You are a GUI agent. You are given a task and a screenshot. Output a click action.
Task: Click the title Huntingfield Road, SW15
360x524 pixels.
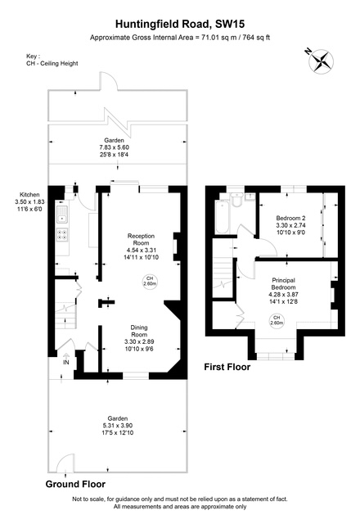click(x=180, y=24)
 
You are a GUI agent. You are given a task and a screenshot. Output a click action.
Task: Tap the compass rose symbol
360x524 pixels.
click(x=322, y=61)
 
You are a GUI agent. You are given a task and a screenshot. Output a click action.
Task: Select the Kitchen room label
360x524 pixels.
click(x=29, y=195)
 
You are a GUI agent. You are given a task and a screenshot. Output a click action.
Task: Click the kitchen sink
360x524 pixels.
click(x=62, y=215)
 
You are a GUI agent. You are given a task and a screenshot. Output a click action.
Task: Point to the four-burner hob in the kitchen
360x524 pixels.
click(x=62, y=234)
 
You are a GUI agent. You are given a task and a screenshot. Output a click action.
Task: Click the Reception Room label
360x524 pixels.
click(x=141, y=239)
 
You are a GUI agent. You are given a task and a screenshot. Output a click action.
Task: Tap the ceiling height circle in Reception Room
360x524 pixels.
click(x=150, y=281)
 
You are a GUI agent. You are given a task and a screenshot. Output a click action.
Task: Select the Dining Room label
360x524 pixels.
click(x=139, y=331)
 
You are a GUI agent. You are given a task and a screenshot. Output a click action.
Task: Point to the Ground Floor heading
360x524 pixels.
click(x=75, y=484)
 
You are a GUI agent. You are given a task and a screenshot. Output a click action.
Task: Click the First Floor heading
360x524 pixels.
click(x=227, y=367)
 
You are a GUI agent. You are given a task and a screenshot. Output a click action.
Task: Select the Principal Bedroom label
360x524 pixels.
click(x=284, y=284)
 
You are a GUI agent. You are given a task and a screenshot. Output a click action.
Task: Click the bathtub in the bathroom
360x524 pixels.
click(x=222, y=217)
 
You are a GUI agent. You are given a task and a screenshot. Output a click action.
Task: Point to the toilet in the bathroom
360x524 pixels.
click(x=237, y=200)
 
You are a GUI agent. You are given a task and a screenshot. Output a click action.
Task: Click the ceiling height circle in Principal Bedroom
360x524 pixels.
click(x=277, y=320)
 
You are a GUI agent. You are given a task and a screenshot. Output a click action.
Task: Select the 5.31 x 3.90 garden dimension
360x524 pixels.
click(x=118, y=426)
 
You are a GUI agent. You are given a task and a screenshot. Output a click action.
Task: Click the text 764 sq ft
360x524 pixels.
click(x=256, y=38)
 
